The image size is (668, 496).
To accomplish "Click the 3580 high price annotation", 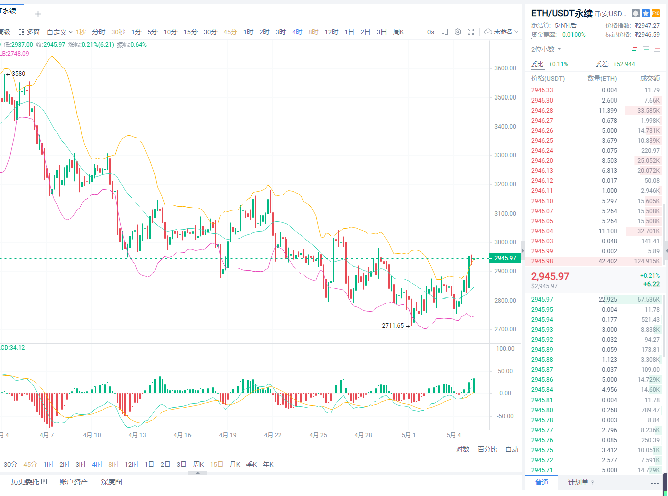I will (x=18, y=74).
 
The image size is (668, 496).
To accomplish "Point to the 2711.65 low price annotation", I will (x=393, y=326).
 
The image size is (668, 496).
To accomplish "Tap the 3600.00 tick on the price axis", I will (x=505, y=68).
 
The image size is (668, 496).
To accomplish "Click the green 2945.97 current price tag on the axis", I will (x=505, y=258).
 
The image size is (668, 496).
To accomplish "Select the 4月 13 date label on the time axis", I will (x=137, y=435).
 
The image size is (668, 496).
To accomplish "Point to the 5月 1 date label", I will (x=409, y=435).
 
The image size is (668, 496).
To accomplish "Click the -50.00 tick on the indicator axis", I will (x=505, y=416).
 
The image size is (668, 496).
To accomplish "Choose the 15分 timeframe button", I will (x=190, y=32).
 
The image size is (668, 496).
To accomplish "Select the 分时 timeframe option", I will (x=99, y=32).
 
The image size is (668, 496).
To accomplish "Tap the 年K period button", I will (x=268, y=465).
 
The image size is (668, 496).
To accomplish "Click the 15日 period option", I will (x=216, y=465).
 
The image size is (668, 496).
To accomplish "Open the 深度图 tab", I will (x=111, y=482).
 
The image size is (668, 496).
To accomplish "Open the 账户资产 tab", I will (x=73, y=482).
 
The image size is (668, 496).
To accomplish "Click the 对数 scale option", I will (x=462, y=449).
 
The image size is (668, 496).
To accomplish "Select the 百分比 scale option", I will (x=487, y=449).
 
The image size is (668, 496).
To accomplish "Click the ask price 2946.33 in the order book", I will (x=542, y=90).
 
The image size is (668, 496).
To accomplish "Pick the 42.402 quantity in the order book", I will (x=608, y=261).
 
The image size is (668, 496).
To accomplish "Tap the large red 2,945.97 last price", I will (x=550, y=276).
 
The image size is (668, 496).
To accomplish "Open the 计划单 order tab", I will (x=582, y=483).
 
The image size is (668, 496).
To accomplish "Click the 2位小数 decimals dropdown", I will (x=546, y=49).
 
